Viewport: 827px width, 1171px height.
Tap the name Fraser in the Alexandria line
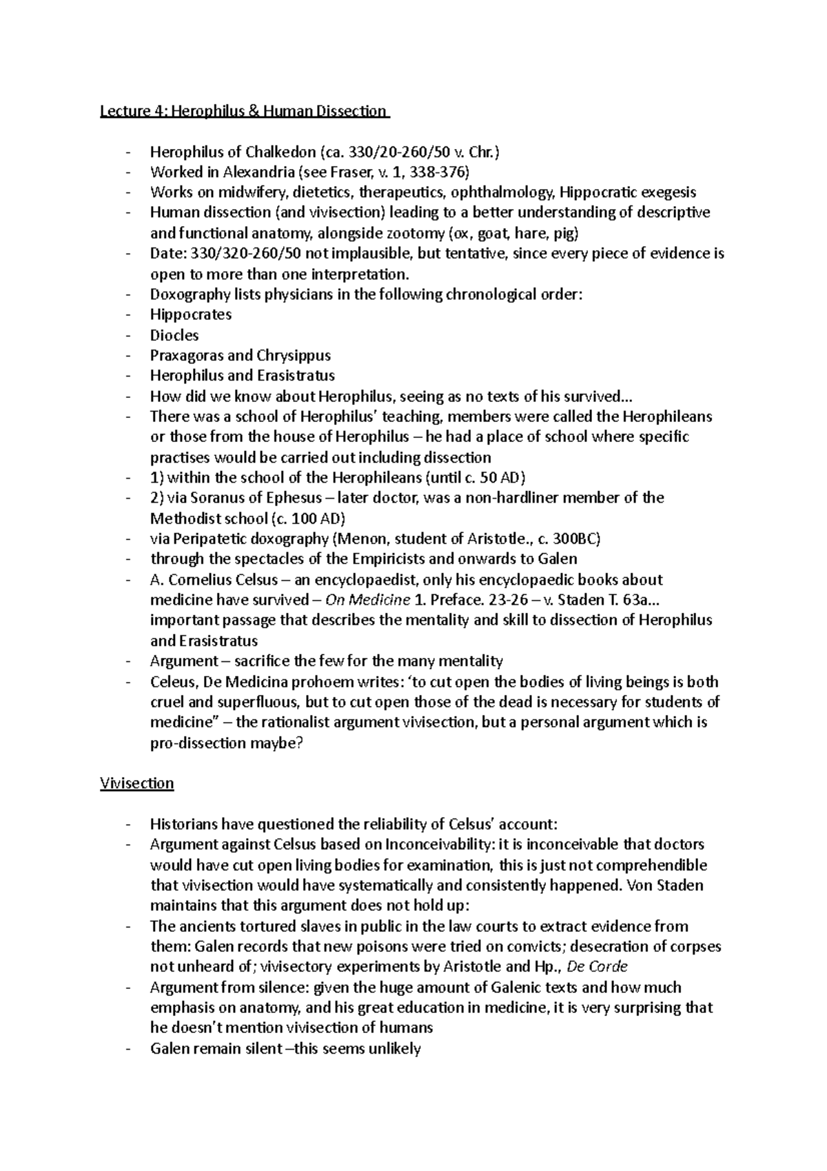click(x=354, y=172)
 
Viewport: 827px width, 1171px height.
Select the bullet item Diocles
click(x=174, y=335)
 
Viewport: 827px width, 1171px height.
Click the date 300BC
click(x=580, y=539)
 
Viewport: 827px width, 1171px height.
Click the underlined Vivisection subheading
click(x=136, y=783)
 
